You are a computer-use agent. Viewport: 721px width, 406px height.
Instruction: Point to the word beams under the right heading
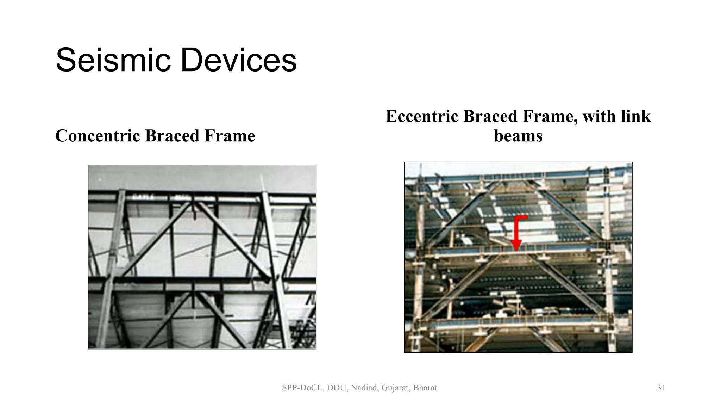[x=518, y=136]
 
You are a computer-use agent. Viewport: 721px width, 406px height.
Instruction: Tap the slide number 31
[x=661, y=388]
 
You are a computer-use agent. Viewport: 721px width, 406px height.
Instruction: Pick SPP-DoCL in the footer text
[x=302, y=388]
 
